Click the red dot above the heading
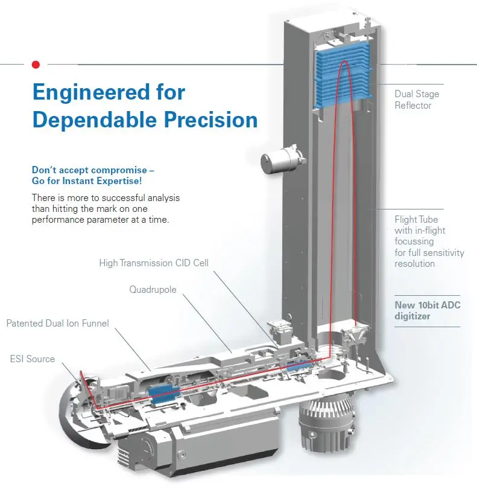point(36,63)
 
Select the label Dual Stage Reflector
point(417,100)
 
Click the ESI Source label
point(33,359)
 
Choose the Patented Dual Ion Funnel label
point(58,324)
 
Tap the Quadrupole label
point(153,290)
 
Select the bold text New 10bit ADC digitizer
point(427,310)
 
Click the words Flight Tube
point(416,219)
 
